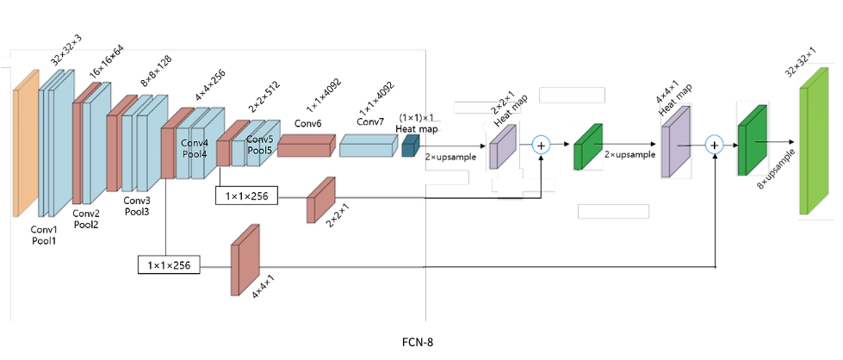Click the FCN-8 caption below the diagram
417,342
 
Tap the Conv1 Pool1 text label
44,235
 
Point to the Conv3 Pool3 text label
138,206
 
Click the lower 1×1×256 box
169,265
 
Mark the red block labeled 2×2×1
320,200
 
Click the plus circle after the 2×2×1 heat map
541,145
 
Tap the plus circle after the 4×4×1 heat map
714,145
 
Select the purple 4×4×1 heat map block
677,140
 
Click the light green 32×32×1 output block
812,147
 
